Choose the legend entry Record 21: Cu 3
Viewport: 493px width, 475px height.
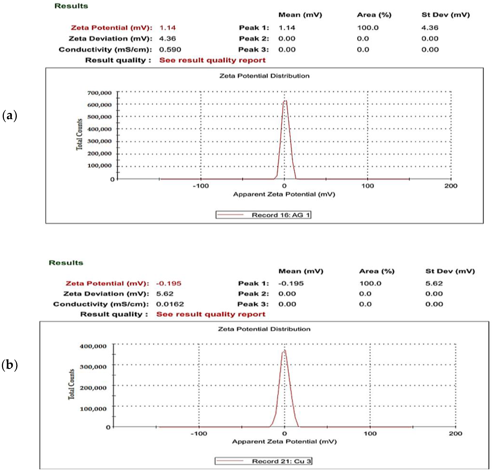point(263,461)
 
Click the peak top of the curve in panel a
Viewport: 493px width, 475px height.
point(285,101)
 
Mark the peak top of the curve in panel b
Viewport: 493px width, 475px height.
point(284,350)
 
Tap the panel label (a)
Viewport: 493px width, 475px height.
point(10,116)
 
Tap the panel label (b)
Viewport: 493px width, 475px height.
point(10,365)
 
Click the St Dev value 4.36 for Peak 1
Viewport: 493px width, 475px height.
point(430,28)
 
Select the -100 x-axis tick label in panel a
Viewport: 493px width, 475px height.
point(201,186)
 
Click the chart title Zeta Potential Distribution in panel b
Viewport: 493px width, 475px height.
point(264,329)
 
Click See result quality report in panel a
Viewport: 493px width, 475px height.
point(212,60)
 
